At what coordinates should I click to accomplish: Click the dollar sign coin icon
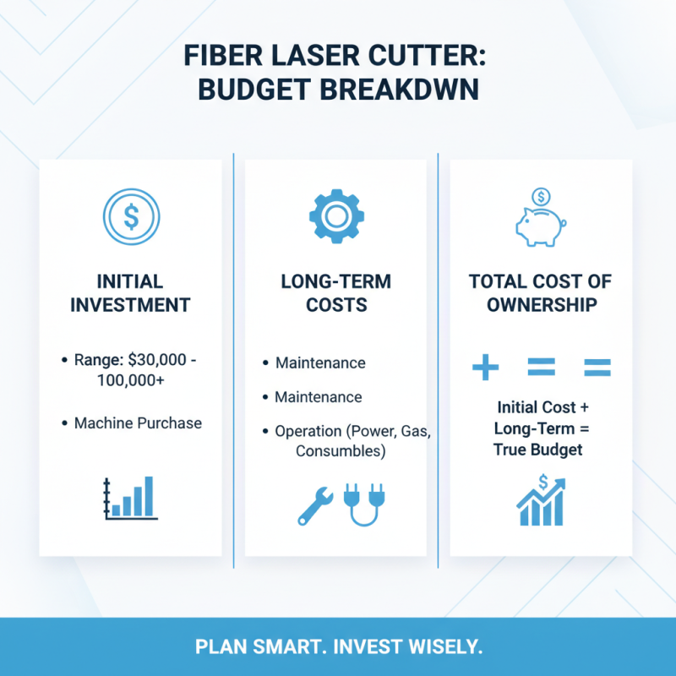(x=130, y=216)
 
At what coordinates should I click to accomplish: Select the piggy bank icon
(x=541, y=225)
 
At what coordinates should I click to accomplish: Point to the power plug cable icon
(x=361, y=505)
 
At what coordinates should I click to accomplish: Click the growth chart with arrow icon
(x=541, y=501)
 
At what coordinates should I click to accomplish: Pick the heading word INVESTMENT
(x=130, y=304)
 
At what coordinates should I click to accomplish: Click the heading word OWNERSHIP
(x=541, y=304)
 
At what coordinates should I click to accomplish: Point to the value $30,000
(x=161, y=361)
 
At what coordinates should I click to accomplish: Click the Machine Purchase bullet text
(x=138, y=422)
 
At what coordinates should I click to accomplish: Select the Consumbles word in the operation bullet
(x=341, y=452)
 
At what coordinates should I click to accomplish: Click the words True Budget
(x=538, y=450)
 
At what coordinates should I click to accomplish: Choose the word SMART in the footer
(x=270, y=647)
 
